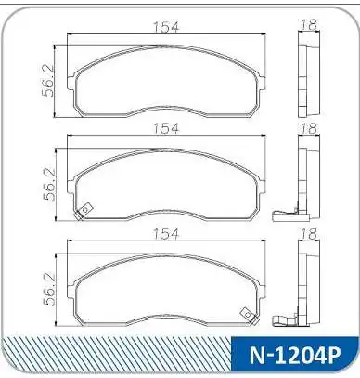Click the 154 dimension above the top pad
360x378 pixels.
pyautogui.click(x=166, y=27)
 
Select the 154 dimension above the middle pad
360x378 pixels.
pyautogui.click(x=166, y=128)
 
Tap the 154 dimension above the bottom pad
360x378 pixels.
pyautogui.click(x=166, y=233)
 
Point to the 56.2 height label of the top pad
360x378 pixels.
pyautogui.click(x=49, y=81)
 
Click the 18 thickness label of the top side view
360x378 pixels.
pyautogui.click(x=309, y=24)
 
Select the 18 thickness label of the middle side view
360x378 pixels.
pyautogui.click(x=309, y=128)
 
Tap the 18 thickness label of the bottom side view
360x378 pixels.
pyautogui.click(x=309, y=233)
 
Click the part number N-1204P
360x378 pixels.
pyautogui.click(x=295, y=356)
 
